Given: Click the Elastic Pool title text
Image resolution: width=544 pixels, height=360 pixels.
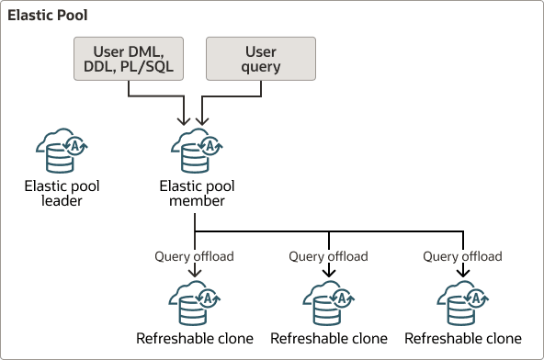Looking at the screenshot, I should coord(49,17).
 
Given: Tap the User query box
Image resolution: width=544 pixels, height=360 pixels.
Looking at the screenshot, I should coord(261,57).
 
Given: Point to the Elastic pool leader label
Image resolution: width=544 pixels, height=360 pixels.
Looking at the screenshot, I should coord(62,193).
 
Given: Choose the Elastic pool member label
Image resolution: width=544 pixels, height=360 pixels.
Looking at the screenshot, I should coord(195,193).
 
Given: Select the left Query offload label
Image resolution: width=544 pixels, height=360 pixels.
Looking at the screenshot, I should coord(195,255).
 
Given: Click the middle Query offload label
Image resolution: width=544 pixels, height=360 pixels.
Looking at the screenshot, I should coord(328,255).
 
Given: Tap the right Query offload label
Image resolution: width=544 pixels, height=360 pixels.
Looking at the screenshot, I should coord(463,255).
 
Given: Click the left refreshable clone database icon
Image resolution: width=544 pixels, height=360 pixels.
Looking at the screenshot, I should coord(195,302).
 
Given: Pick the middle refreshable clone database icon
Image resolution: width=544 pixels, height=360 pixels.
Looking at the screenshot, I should coord(328,302).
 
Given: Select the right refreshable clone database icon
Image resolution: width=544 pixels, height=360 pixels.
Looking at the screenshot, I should coord(463,302).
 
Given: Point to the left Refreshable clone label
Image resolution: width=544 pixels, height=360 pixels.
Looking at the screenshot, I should coord(195,338).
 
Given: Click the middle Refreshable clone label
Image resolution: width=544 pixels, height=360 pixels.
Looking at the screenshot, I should coord(328,338).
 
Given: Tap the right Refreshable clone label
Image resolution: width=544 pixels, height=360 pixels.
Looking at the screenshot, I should coord(463,338).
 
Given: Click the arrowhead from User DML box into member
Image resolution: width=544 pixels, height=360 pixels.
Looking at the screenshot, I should coord(187,121).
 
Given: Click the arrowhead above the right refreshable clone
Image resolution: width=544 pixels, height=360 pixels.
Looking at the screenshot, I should coord(463,273).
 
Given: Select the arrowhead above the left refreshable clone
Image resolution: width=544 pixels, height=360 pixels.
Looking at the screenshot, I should coord(195,273).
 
